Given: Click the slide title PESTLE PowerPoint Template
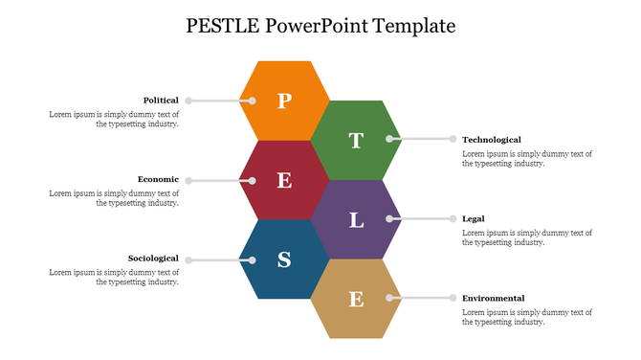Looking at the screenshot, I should point(320,26).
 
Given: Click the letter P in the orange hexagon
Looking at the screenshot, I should point(283,101).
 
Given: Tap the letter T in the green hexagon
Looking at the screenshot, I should point(356,141).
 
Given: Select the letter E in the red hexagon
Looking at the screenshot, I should point(284,180).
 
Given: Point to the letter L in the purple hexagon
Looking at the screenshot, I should point(356,220).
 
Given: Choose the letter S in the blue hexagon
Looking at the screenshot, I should point(284,259).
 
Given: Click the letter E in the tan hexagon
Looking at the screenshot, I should point(356,300).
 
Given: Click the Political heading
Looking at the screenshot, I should point(161,101).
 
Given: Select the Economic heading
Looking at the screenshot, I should point(158,179).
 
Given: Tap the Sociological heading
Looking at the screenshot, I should point(153,259).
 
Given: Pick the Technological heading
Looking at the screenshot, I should point(492,140).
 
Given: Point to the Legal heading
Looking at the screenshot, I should point(474,219).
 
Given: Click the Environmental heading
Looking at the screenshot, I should point(494,299).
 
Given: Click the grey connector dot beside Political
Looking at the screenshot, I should point(189,101).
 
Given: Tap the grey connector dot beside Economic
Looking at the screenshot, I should point(189,180).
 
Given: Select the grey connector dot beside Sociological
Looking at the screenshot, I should point(189,259).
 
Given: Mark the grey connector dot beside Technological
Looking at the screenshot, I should point(453,139).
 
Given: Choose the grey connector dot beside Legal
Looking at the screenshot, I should point(453,219).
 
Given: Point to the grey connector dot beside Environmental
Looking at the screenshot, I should point(453,299).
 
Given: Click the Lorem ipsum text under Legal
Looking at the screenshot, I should point(527,237).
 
